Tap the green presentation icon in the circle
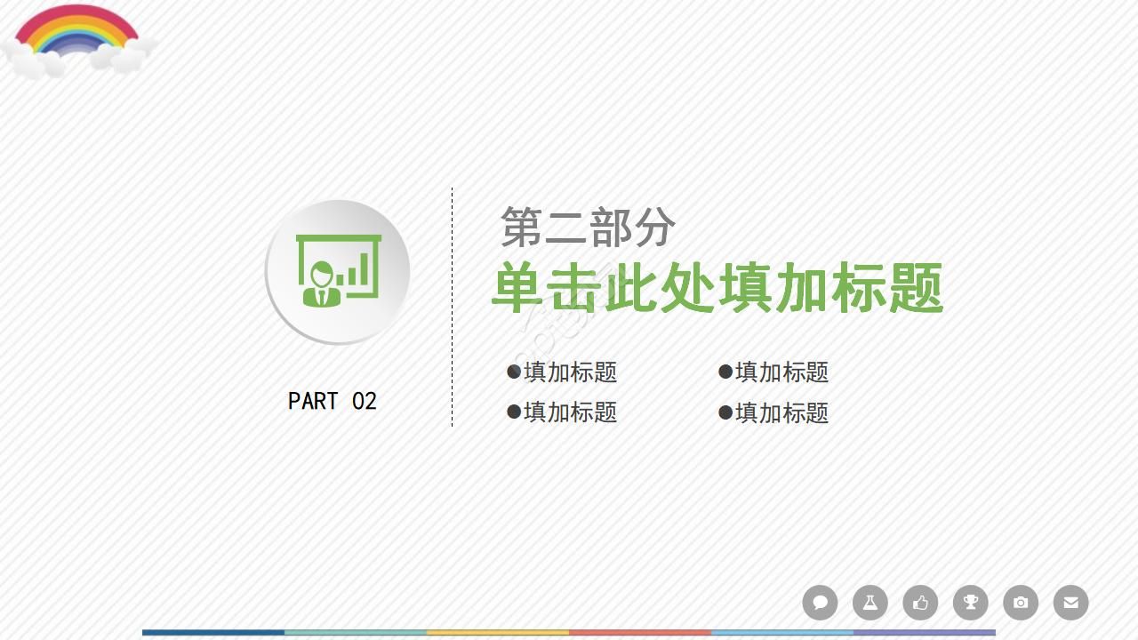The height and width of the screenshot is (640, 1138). pyautogui.click(x=338, y=271)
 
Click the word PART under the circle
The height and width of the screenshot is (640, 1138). pyautogui.click(x=313, y=401)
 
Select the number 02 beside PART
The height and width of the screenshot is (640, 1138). pyautogui.click(x=365, y=401)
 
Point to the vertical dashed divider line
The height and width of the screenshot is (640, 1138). pyautogui.click(x=452, y=307)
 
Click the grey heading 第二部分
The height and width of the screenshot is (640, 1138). pyautogui.click(x=588, y=228)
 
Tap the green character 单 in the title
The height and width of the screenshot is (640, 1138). pyautogui.click(x=518, y=287)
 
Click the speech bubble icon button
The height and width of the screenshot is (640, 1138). pyautogui.click(x=820, y=603)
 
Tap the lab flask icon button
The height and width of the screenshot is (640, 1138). pyautogui.click(x=870, y=603)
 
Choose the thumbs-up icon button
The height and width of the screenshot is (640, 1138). pyautogui.click(x=920, y=603)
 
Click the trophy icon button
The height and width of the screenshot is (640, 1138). pyautogui.click(x=971, y=603)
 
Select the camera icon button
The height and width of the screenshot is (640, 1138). pyautogui.click(x=1021, y=603)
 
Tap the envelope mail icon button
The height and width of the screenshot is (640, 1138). pyautogui.click(x=1070, y=603)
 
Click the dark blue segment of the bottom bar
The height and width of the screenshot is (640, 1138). pyautogui.click(x=213, y=633)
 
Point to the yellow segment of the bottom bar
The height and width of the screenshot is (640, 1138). pyautogui.click(x=498, y=633)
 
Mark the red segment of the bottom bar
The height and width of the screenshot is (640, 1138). pyautogui.click(x=640, y=633)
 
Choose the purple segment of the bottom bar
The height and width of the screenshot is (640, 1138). pyautogui.click(x=925, y=633)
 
